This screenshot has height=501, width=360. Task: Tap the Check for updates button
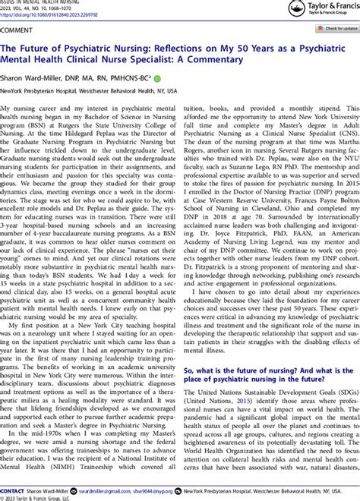pyautogui.click(x=330, y=28)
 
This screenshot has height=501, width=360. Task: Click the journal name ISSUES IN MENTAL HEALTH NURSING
pyautogui.click(x=38, y=2)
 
